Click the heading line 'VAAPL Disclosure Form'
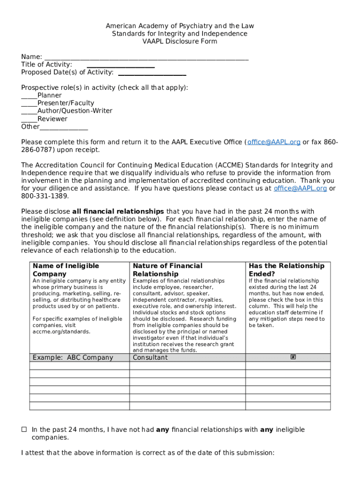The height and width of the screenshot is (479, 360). [x=180, y=42]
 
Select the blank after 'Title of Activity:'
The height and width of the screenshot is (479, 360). [x=114, y=66]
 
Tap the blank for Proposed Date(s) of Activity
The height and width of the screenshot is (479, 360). [x=152, y=73]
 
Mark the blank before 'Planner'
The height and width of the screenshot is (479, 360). [x=29, y=96]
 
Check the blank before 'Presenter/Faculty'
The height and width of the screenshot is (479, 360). [x=29, y=104]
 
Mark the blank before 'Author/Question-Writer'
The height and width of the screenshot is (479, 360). [x=29, y=112]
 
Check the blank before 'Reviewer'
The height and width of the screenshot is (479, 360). [x=29, y=120]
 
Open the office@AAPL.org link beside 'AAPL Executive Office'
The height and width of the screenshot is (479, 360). [x=274, y=142]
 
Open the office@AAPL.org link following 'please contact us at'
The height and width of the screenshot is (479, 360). [x=300, y=189]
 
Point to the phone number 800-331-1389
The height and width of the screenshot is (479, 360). [x=45, y=196]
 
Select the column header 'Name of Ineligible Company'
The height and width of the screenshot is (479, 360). [x=65, y=270]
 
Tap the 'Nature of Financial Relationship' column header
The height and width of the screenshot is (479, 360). [x=167, y=270]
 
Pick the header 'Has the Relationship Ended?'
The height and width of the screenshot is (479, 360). [x=286, y=270]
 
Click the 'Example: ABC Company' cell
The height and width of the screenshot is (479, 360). [x=73, y=358]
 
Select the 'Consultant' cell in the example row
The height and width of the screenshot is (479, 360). [x=150, y=358]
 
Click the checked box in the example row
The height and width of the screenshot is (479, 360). [x=293, y=357]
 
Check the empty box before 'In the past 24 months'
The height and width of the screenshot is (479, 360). [x=24, y=429]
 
